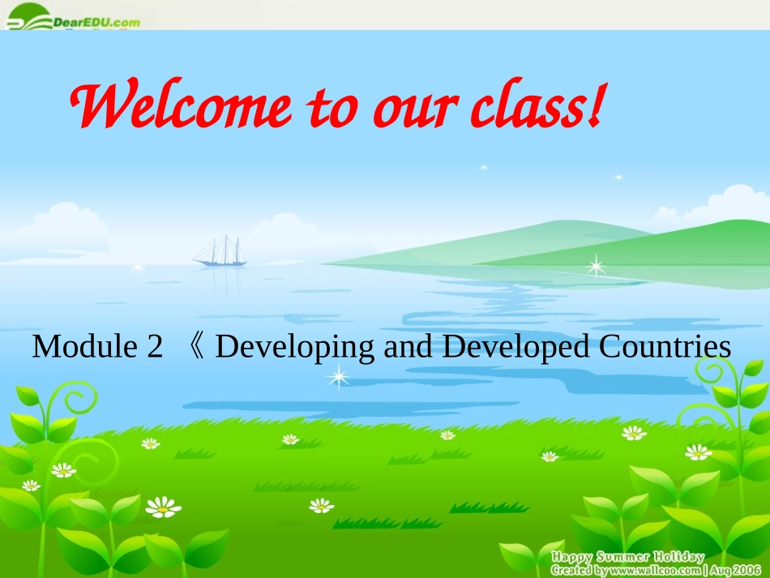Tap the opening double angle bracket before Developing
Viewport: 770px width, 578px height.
(198, 348)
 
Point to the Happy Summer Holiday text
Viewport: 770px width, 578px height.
(628, 557)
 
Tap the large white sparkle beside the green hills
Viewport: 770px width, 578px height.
(597, 265)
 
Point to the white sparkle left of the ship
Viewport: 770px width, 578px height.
(138, 266)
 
